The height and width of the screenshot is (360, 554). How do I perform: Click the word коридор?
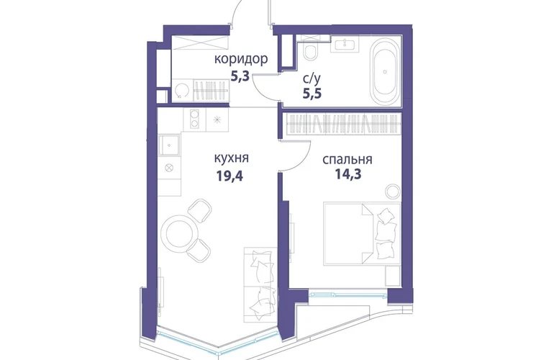point(241,60)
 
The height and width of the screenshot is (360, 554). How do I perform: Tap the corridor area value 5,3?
point(240,76)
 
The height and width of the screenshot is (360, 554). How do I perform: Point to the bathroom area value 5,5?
point(312,94)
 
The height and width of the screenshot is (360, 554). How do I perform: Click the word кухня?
point(232,158)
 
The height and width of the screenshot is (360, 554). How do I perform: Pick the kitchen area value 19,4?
point(230,175)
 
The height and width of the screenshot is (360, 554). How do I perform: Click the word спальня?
point(348,160)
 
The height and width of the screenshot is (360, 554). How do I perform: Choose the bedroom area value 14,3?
point(348,174)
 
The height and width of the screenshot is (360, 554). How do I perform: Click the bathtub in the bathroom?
point(385,72)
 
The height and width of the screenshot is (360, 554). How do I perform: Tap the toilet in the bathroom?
point(311,52)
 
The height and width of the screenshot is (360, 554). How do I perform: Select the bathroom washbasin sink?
point(345,43)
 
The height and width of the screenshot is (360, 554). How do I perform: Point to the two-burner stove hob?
point(194,119)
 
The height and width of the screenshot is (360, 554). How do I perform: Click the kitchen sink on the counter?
point(170,145)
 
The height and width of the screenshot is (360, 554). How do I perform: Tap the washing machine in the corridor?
point(181,91)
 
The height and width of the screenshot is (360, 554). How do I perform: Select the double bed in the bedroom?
point(363,233)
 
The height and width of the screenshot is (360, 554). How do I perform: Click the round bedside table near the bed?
point(392,192)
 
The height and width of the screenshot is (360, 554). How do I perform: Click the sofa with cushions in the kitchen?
point(260,284)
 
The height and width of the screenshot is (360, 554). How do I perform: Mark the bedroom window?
point(348,294)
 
